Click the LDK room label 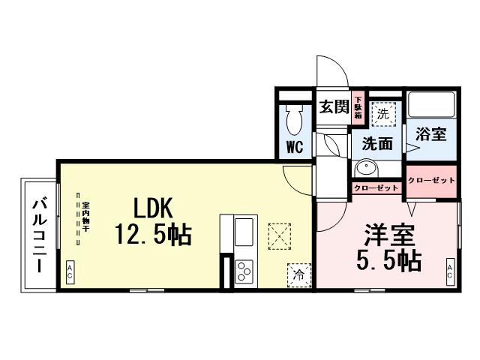tap(154, 208)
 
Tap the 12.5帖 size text tap(153, 235)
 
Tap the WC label tap(293, 146)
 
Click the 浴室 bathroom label tap(432, 134)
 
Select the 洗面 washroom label tap(378, 142)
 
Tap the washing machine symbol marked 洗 tap(382, 115)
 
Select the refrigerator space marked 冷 tap(298, 274)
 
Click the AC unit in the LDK tap(70, 271)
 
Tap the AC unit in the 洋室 tap(450, 270)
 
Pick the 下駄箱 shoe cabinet tap(358, 107)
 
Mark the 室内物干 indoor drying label tap(86, 217)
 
